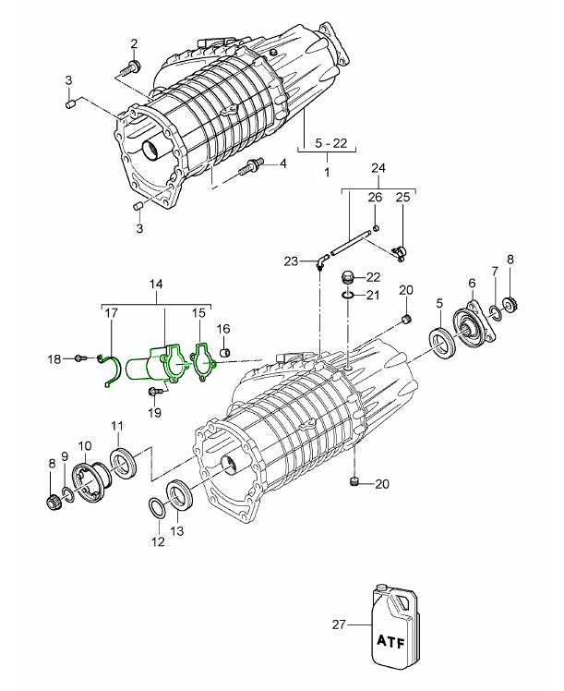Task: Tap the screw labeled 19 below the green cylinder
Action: coord(152,392)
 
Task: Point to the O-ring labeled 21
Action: coord(346,295)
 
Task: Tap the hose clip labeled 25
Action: coord(401,249)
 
